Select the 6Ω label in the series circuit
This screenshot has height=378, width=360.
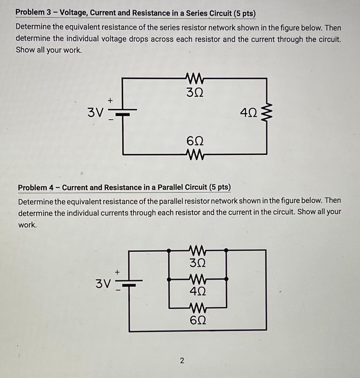195,141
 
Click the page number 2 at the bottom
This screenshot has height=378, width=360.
181,360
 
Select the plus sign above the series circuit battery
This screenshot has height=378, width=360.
109,100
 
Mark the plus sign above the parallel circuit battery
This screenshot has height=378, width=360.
117,272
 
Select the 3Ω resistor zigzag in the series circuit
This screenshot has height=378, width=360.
194,78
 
